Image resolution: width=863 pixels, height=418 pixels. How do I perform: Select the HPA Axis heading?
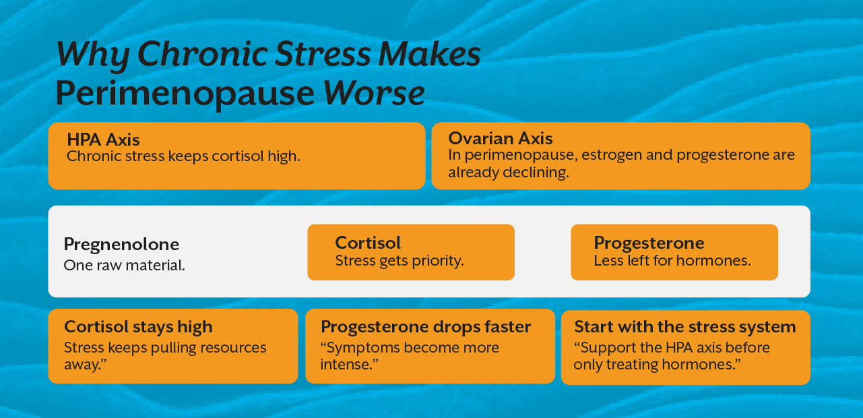103,140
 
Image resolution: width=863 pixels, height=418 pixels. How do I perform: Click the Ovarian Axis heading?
500,138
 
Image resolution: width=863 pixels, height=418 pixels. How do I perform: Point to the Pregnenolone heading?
121,244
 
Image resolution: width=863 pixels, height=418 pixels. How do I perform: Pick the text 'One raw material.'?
124,265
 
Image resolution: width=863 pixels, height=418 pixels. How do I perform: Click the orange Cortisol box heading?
368,243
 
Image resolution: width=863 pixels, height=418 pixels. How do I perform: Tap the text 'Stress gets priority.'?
399,260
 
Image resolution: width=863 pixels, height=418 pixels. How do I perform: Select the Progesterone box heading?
649,243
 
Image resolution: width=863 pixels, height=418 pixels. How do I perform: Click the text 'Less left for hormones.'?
672,260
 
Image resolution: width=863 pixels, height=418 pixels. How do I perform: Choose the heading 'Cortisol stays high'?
138,327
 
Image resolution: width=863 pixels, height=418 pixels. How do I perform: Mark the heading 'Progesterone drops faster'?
426,327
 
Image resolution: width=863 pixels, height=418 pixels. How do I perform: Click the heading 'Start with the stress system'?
685,327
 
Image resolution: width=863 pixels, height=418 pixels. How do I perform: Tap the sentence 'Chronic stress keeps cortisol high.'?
183,156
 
